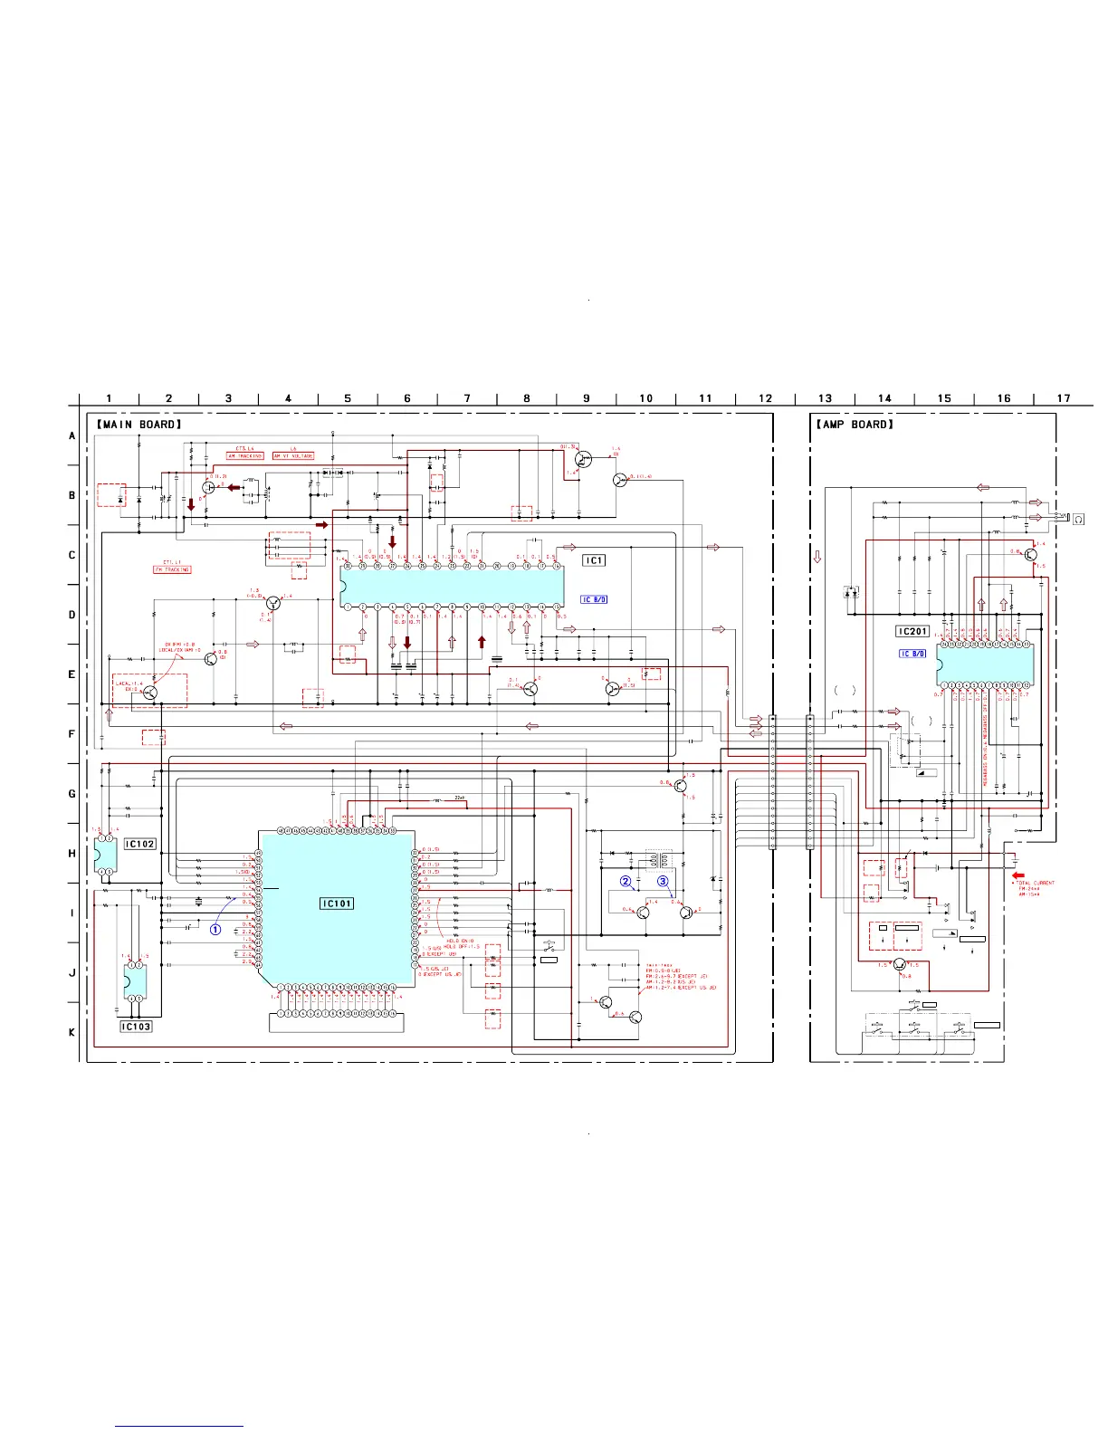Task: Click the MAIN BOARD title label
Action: [139, 424]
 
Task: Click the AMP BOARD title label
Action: [855, 424]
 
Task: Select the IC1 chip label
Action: [593, 560]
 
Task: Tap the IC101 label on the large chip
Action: [337, 903]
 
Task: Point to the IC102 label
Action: [139, 844]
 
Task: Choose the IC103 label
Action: [136, 1027]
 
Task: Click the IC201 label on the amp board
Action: [912, 631]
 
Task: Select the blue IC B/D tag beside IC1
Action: [594, 599]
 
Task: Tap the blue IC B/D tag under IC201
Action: [912, 654]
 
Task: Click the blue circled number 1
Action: [215, 929]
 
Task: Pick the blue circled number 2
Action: [626, 881]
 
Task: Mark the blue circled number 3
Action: [663, 881]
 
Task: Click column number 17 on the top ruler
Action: [1064, 398]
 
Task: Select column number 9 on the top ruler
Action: [587, 398]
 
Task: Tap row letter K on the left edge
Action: [72, 1032]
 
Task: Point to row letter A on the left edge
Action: [72, 435]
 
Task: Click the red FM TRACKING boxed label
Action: [172, 569]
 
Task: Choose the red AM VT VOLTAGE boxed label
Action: [293, 456]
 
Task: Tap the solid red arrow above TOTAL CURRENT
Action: [1018, 875]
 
